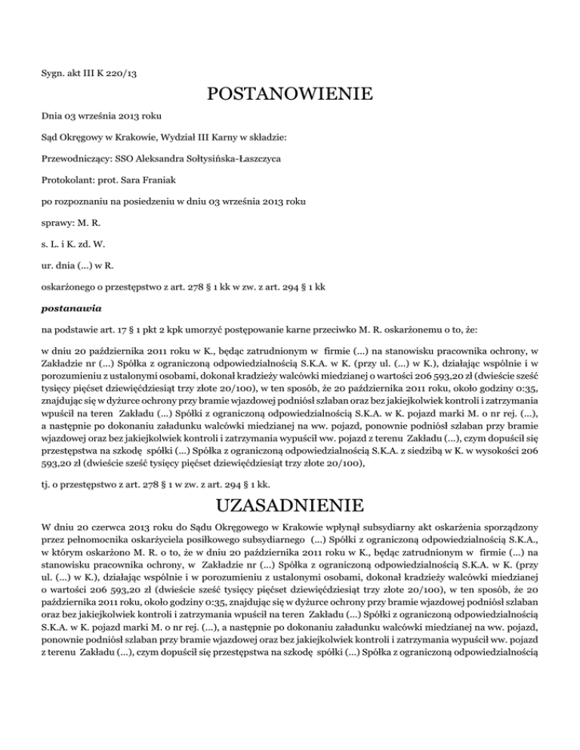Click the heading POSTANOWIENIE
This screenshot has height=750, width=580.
tap(289, 94)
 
